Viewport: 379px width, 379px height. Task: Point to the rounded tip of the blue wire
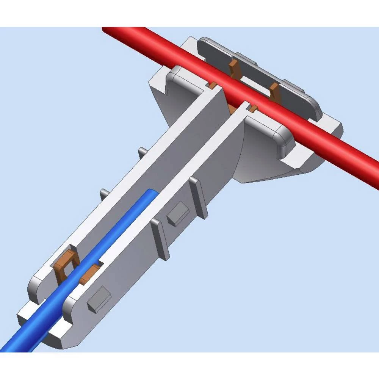click(x=152, y=193)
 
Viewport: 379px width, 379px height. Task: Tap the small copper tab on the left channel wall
click(x=213, y=86)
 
